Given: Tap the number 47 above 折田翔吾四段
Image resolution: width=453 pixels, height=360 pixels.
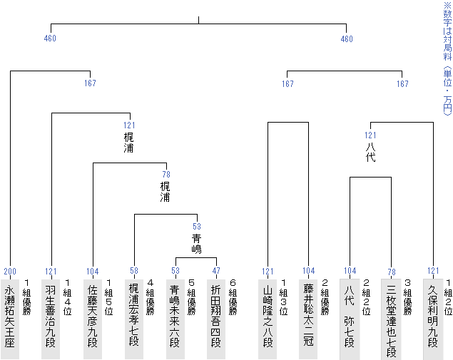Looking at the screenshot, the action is tap(216, 272).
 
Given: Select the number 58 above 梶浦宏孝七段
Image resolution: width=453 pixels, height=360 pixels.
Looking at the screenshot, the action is tap(134, 272).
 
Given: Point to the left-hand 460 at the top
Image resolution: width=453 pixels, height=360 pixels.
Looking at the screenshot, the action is tap(50, 38).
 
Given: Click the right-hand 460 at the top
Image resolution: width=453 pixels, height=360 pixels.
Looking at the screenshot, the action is tap(347, 38).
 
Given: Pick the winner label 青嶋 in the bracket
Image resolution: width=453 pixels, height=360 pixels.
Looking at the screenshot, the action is tap(197, 243).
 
